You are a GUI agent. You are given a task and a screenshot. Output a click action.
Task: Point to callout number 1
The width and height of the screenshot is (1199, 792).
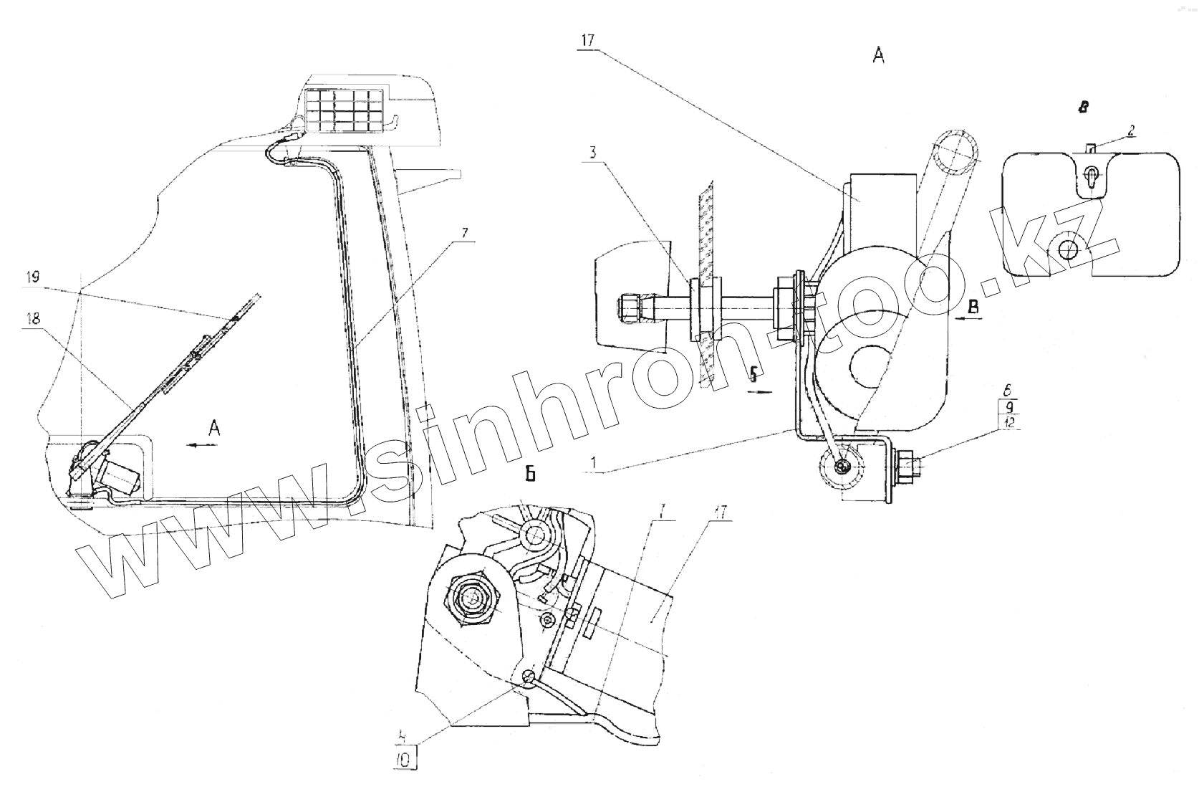[592, 464]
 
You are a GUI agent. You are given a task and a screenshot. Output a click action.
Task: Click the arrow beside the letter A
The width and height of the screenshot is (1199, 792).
[201, 445]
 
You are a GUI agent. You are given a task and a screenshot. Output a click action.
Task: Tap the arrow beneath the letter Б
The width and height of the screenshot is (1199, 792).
[761, 391]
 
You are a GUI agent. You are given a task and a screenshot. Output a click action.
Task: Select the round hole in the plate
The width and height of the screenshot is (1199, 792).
[1069, 249]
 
